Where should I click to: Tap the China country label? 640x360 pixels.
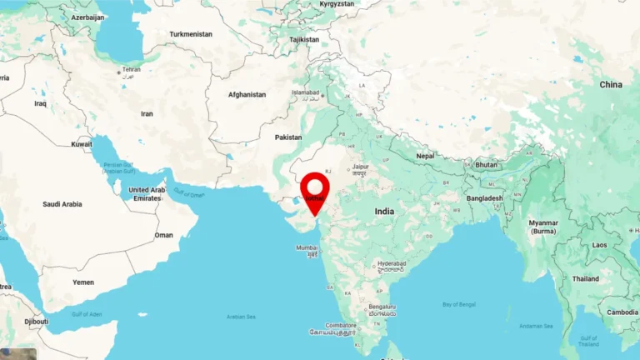coord(611,85)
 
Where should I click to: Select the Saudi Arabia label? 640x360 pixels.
coord(62,203)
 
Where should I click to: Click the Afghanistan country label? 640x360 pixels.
coord(247,94)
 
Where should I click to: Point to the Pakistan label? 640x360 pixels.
coord(288,137)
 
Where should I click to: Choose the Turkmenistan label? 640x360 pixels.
coord(191,34)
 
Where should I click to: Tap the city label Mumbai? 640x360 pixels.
coord(306,247)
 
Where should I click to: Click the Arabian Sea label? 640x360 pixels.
coord(241,317)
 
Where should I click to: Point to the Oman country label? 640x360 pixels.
coord(163,235)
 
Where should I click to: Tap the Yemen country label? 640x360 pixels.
coord(83,282)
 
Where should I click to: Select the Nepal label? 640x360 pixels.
coord(426,156)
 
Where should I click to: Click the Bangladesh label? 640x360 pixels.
coord(484,198)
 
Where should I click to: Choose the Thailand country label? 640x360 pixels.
coord(585,279)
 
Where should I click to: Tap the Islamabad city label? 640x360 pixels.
coord(305,92)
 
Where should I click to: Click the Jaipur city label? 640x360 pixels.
coord(359,167)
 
